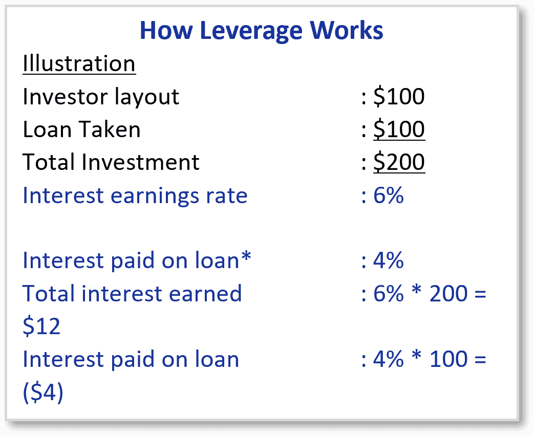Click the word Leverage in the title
[251, 31]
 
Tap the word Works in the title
[346, 30]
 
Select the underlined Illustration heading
[79, 63]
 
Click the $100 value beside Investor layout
[399, 96]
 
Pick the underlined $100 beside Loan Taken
[399, 129]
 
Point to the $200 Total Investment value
[399, 162]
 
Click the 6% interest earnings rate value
[388, 195]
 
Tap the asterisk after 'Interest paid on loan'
[246, 256]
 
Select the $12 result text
[41, 326]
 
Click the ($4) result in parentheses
[43, 392]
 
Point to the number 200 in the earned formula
[448, 293]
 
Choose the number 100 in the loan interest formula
[448, 359]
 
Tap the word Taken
[111, 129]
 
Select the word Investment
[140, 162]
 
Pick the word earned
[205, 293]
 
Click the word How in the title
[166, 30]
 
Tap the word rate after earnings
[226, 196]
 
